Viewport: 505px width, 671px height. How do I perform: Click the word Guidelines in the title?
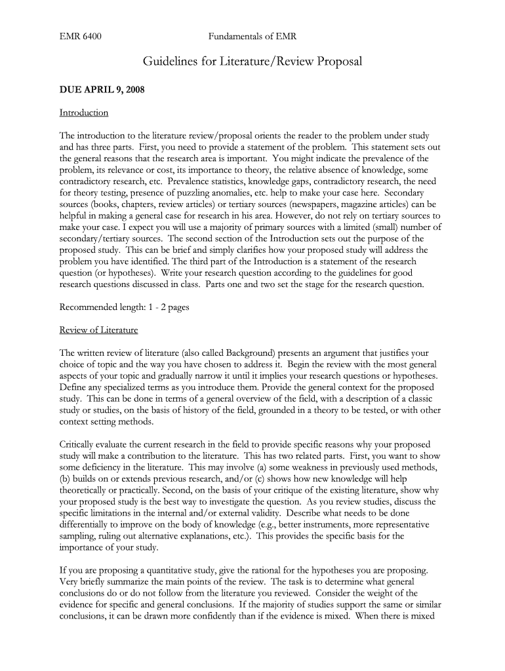tap(172, 62)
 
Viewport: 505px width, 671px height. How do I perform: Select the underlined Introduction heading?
tap(83, 113)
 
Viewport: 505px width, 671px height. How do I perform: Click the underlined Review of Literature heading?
tap(98, 330)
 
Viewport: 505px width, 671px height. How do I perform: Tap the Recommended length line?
tap(124, 307)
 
